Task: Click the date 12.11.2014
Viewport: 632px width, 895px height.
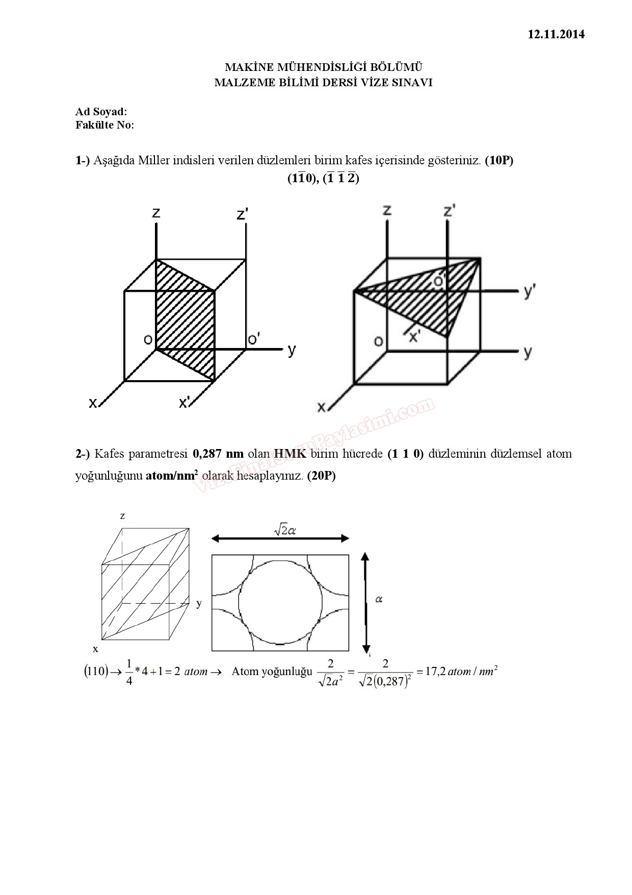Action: pos(556,35)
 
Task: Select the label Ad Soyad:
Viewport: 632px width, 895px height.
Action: pos(101,112)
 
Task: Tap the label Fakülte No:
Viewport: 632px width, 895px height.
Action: pos(104,125)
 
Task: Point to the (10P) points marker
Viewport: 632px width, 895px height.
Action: pos(498,160)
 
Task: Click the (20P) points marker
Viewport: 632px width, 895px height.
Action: pos(321,476)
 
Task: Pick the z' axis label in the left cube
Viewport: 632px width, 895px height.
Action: pos(242,214)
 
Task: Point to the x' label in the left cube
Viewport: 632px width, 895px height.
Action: pos(185,403)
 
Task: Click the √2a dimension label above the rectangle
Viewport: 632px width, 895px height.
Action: pos(285,531)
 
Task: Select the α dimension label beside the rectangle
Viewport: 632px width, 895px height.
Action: pos(379,599)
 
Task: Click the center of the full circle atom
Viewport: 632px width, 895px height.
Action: pos(280,603)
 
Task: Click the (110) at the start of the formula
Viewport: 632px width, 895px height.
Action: pos(95,671)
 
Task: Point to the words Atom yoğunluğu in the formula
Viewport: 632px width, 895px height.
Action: pos(272,671)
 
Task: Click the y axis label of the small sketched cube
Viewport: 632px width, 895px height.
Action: pos(199,604)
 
